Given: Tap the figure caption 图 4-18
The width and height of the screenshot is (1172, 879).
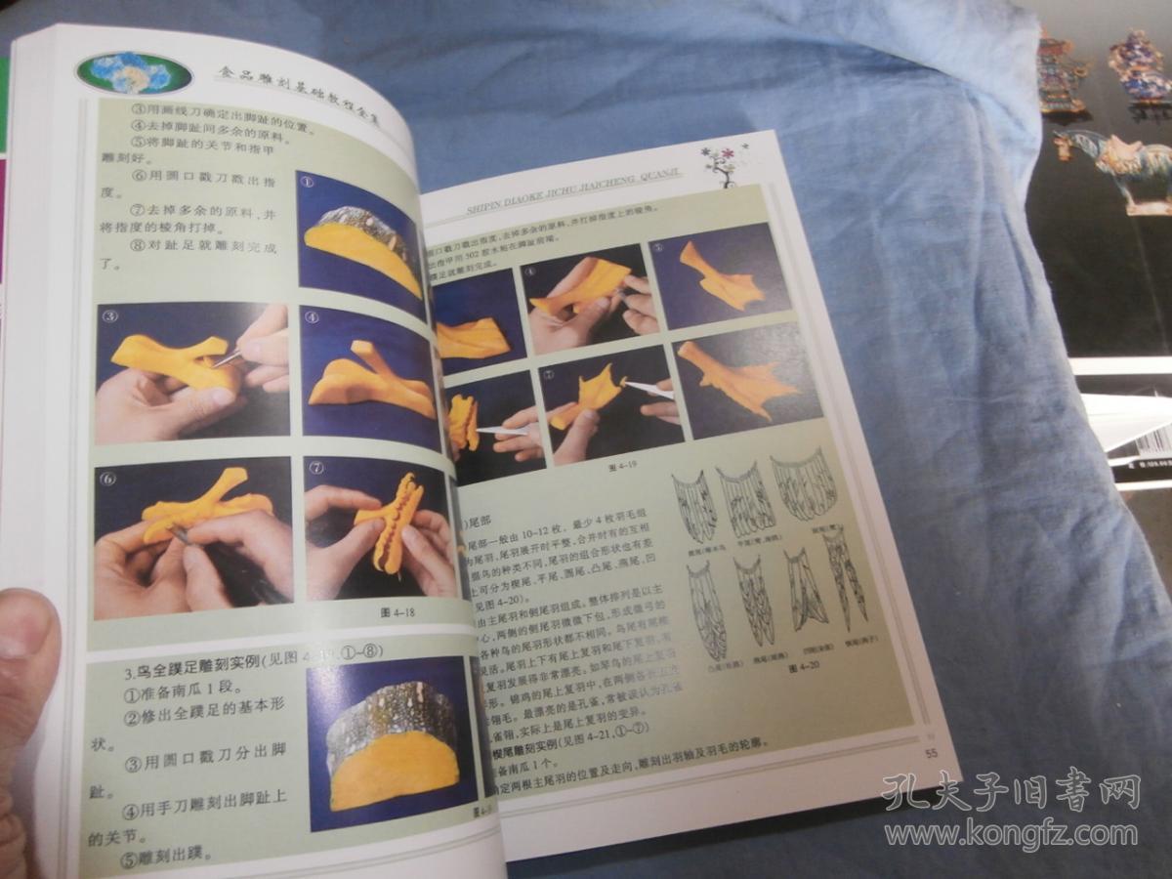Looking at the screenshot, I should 389,613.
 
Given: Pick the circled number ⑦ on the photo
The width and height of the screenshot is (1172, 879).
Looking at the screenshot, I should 316,470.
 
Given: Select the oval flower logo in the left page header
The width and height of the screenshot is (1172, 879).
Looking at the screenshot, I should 133,71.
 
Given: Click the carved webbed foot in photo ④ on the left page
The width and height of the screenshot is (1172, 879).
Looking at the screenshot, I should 371,381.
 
